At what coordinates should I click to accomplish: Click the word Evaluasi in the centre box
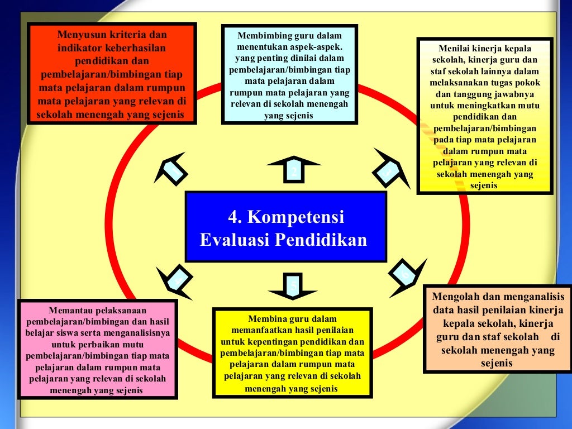pos(234,240)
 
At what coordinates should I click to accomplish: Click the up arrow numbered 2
pos(294,168)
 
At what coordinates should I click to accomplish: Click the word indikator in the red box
pos(84,47)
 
